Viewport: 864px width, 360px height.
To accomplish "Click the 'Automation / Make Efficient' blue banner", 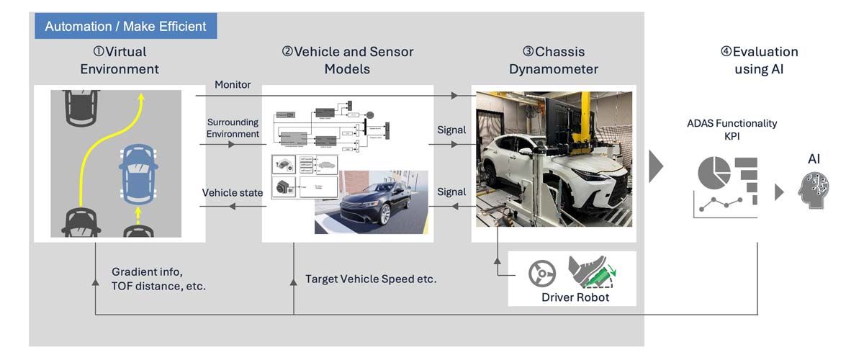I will click(126, 27).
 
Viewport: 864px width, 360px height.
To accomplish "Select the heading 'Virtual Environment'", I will click(120, 60).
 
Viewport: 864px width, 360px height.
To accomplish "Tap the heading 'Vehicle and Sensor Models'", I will click(348, 60).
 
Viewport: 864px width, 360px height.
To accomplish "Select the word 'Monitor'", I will click(233, 85).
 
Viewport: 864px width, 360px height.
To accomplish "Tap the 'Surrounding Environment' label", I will click(233, 128).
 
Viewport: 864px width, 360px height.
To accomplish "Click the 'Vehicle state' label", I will click(231, 193).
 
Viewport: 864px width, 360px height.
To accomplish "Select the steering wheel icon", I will click(541, 274).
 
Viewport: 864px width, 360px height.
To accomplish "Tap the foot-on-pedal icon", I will click(593, 272).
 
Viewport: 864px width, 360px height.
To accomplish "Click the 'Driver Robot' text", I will click(575, 297).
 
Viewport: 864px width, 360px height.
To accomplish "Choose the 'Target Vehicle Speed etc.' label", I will click(371, 279).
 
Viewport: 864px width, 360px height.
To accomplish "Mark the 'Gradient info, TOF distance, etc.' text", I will click(158, 279).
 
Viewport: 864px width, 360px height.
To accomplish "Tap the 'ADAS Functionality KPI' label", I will click(732, 129).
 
